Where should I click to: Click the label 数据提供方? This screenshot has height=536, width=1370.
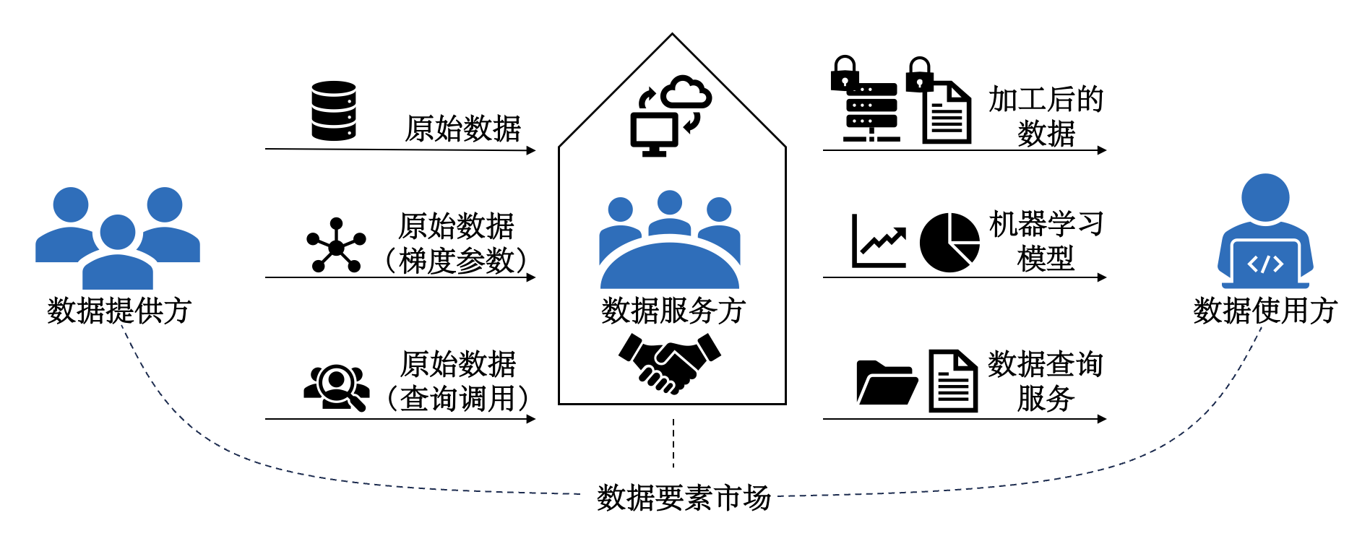coord(119,311)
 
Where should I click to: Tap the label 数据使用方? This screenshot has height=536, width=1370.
coord(1265,311)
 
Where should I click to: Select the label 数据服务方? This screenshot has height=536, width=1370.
coord(673,311)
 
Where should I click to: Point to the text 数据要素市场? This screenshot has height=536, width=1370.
coord(684,498)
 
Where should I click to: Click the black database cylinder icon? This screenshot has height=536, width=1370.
coord(334,111)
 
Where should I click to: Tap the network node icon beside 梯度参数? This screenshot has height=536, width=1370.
coord(336,246)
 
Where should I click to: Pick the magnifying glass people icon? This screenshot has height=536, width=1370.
coord(337,387)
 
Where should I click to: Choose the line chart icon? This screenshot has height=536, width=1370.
coord(879,242)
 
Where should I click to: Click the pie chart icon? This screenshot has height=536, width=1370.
coord(949,243)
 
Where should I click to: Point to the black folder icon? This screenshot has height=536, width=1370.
coord(886,382)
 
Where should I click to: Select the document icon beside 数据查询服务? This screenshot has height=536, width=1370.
coord(953,381)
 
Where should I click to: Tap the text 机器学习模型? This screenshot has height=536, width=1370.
coord(1046,241)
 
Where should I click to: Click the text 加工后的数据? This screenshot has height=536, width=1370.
coord(1046,116)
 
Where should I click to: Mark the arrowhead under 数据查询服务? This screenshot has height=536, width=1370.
coord(1101,419)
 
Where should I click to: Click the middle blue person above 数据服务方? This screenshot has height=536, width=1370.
coord(670,213)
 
